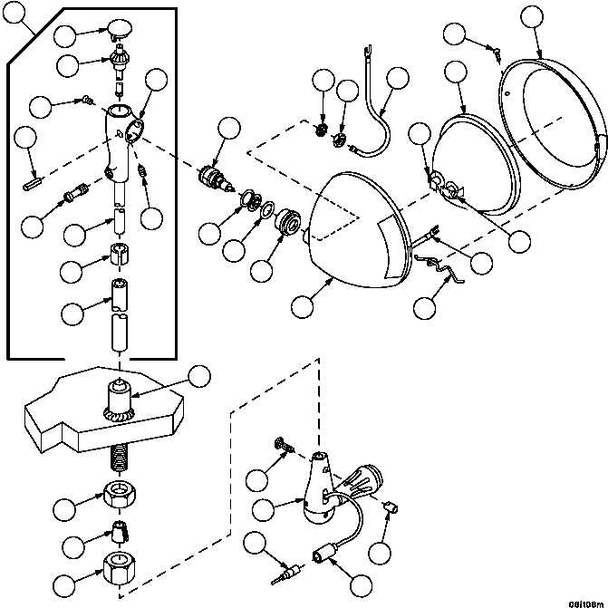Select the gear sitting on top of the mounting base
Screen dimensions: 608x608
(x=119, y=401)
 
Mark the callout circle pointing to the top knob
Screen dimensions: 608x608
(x=66, y=36)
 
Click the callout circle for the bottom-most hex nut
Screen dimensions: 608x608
(x=63, y=584)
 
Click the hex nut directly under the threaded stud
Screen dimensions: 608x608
(x=119, y=496)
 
